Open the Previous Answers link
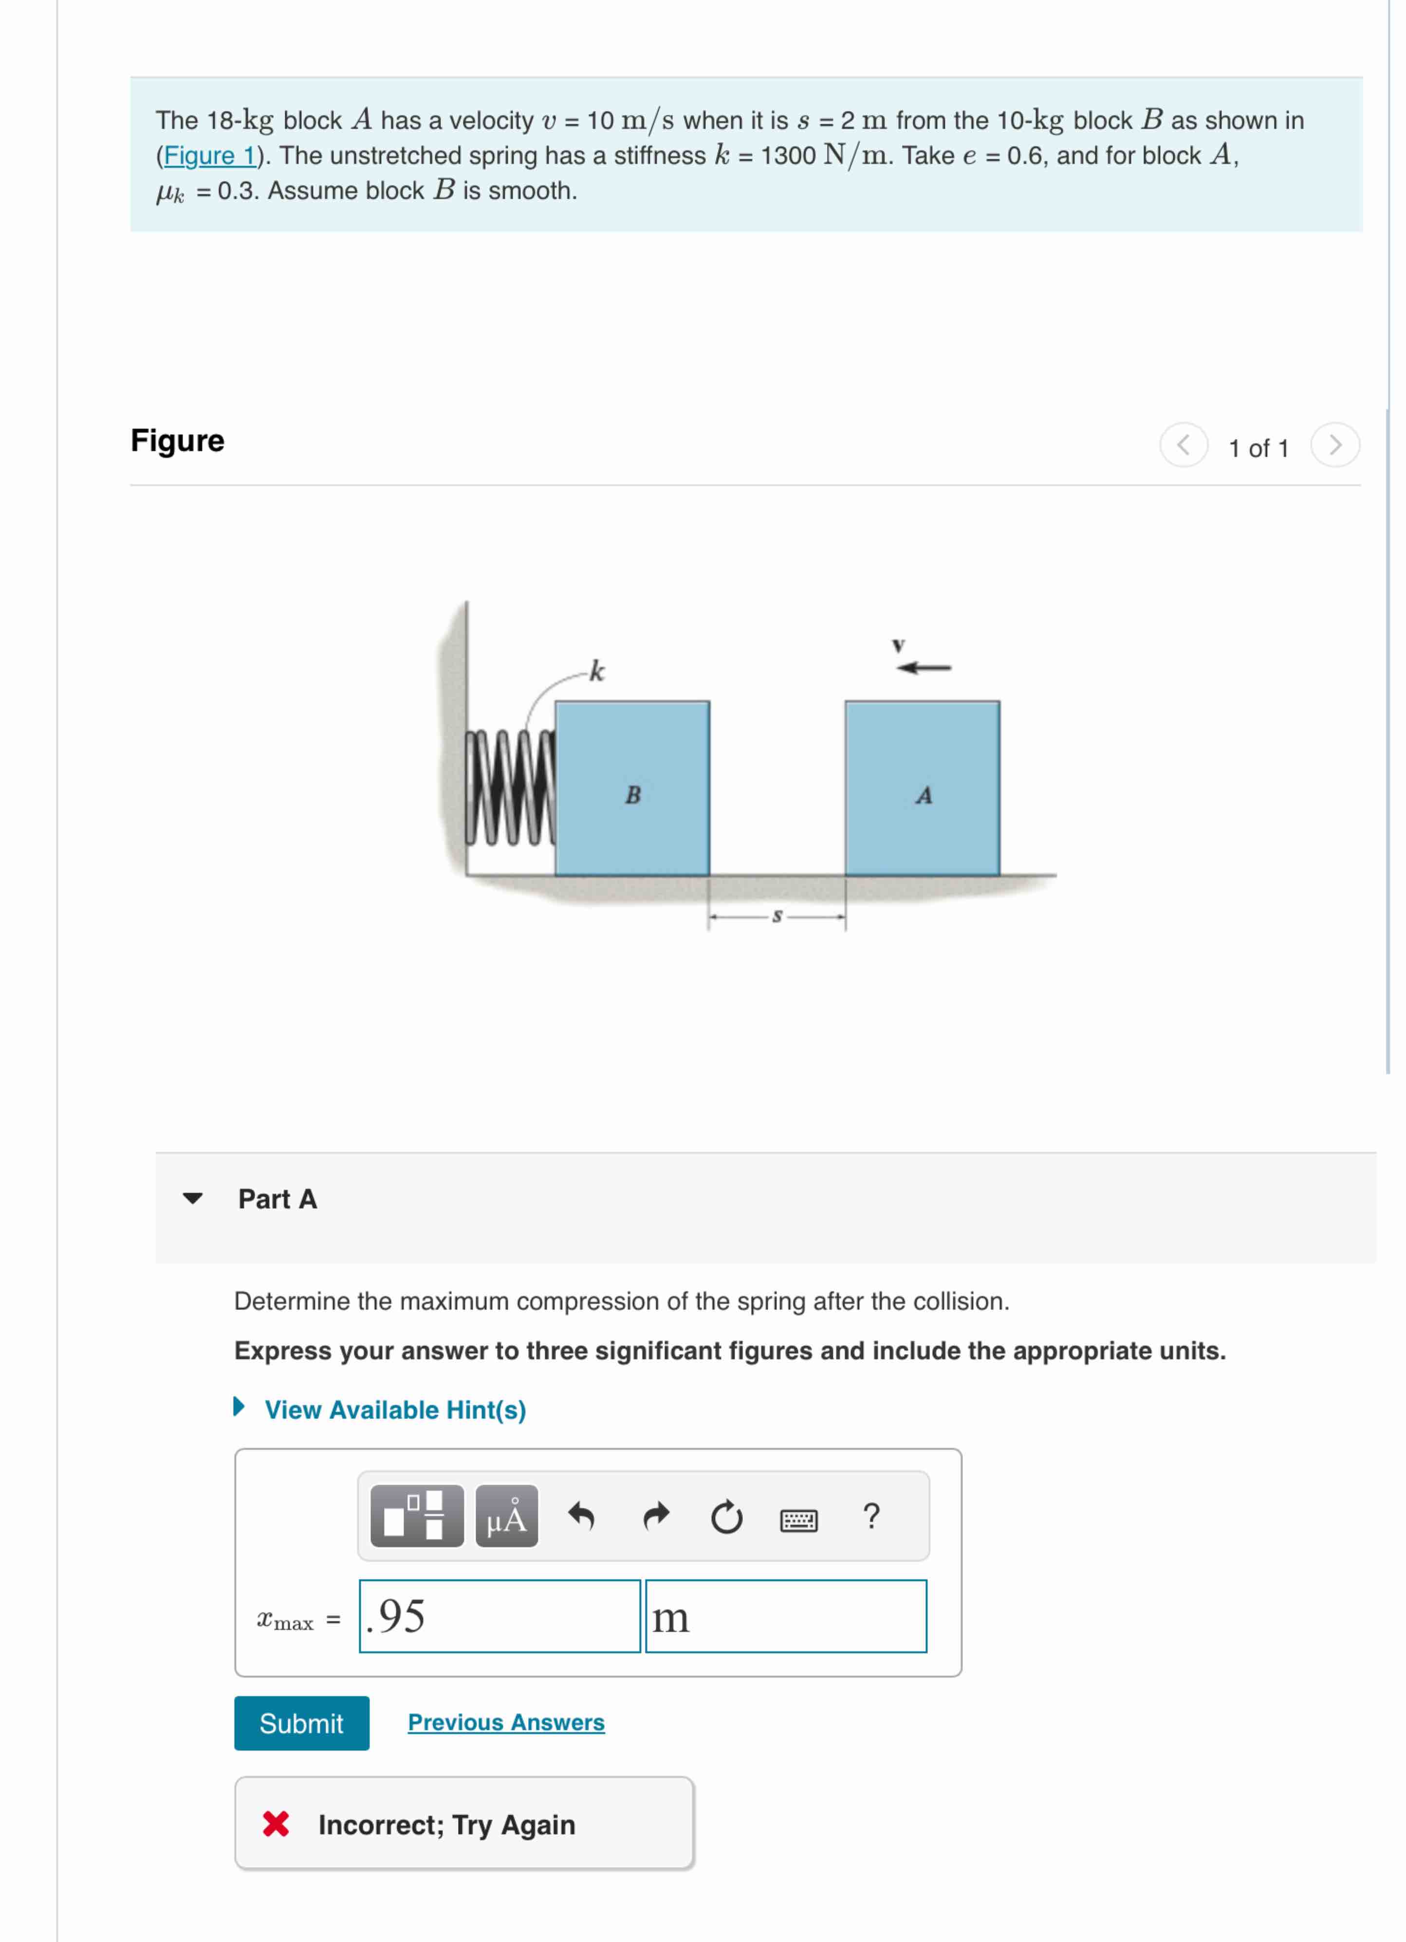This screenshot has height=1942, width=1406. point(505,1722)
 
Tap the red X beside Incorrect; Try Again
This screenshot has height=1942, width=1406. point(276,1824)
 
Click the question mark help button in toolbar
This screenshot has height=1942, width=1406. point(871,1517)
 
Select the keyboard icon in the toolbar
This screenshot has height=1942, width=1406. point(798,1520)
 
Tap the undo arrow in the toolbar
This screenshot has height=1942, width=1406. point(581,1517)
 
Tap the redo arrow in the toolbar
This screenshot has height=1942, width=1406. point(655,1517)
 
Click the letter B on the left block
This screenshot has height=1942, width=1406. point(633,795)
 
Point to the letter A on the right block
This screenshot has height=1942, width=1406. point(923,795)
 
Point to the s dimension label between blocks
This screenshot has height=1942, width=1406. point(777,916)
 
